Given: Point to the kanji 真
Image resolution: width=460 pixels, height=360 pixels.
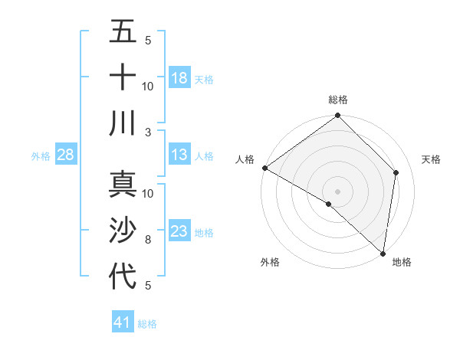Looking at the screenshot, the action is coord(123,184).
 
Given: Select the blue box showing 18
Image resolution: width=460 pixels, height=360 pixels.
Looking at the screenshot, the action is coord(179,78).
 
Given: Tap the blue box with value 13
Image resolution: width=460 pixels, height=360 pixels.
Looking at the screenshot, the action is coord(179,155).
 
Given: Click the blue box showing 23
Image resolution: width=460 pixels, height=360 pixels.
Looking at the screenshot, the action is coord(179,231).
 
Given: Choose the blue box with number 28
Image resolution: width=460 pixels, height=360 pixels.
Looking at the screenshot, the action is coord(65,155).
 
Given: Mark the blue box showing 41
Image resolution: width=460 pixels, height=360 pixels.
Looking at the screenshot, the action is coord(123,322).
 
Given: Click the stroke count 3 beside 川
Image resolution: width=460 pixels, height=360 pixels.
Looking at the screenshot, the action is coord(149,132).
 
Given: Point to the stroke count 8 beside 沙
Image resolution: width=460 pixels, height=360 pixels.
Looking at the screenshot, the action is coord(148,241).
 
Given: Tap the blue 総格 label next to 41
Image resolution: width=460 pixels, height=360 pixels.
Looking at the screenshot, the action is coord(147,324).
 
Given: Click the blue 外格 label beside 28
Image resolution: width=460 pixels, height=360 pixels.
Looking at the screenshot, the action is coord(41,156).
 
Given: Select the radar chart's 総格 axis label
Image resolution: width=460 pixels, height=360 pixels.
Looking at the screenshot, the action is coord(338,100).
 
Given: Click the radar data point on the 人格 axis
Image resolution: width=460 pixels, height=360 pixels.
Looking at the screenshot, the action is coord(264,168).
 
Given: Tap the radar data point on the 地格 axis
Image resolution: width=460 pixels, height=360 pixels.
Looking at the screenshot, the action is coord(383,254).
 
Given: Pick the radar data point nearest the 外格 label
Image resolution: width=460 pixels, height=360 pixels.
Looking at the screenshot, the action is coord(329,204).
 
